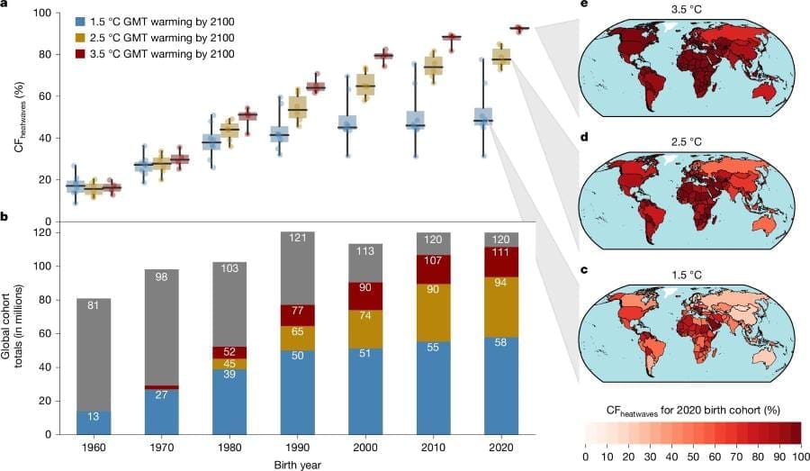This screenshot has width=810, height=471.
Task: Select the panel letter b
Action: point(6,218)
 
